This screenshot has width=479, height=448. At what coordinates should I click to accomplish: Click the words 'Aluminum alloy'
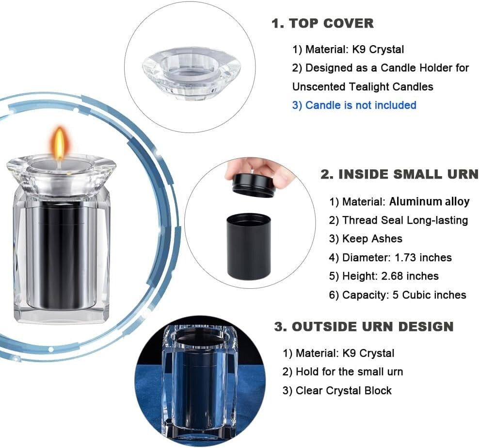[429, 201]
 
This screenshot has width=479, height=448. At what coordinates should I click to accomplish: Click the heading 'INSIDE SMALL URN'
[399, 175]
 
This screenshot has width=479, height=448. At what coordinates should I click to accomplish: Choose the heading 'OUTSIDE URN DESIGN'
[364, 326]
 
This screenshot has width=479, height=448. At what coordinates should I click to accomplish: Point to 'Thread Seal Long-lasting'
[399, 220]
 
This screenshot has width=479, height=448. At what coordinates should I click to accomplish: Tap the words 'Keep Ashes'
[366, 238]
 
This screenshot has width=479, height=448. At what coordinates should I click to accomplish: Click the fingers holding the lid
[262, 167]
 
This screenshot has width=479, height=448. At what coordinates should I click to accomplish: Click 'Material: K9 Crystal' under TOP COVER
[348, 49]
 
